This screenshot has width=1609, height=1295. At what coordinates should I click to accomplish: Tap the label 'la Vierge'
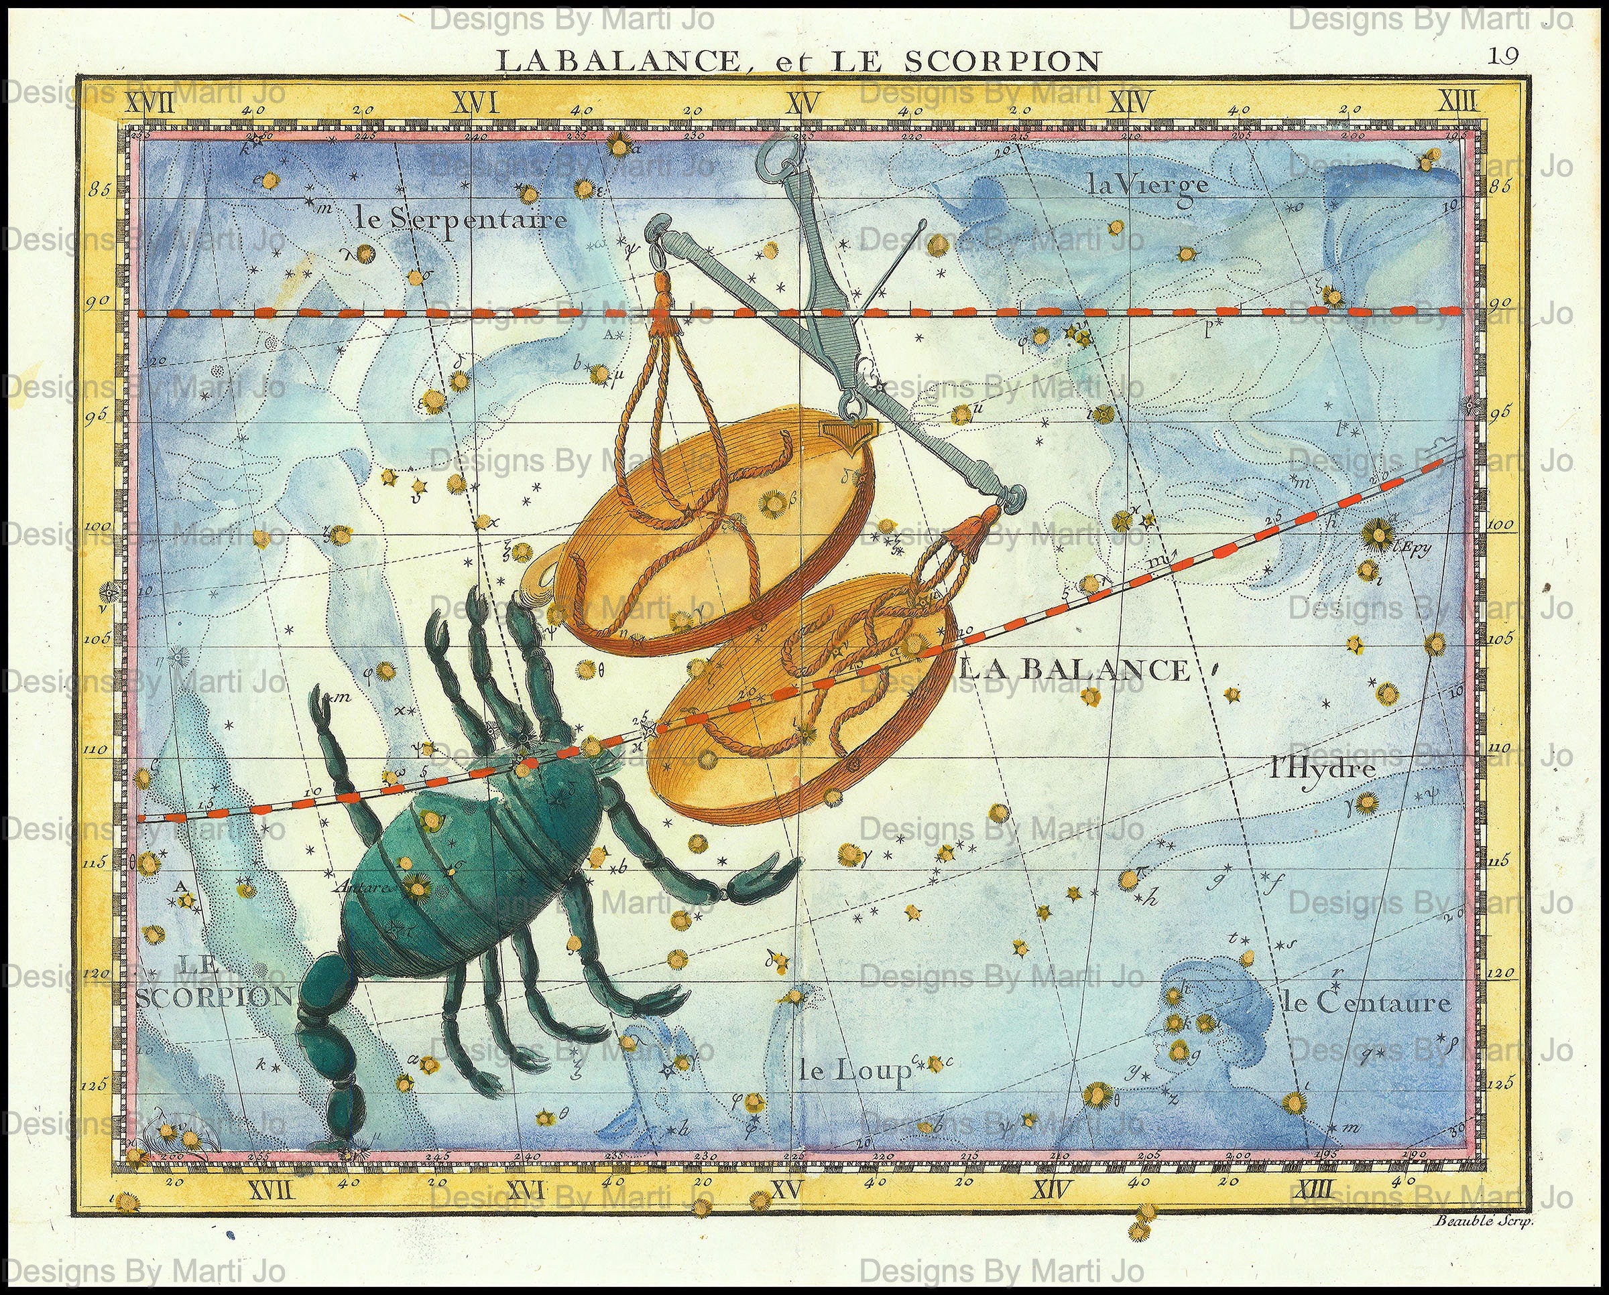pos(1147,184)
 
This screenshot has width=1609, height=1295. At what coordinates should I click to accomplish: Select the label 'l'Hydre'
pos(1321,769)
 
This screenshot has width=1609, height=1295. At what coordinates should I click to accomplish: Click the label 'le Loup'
pos(855,1073)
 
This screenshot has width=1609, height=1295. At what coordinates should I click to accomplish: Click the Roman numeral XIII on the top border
pos(1457,101)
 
